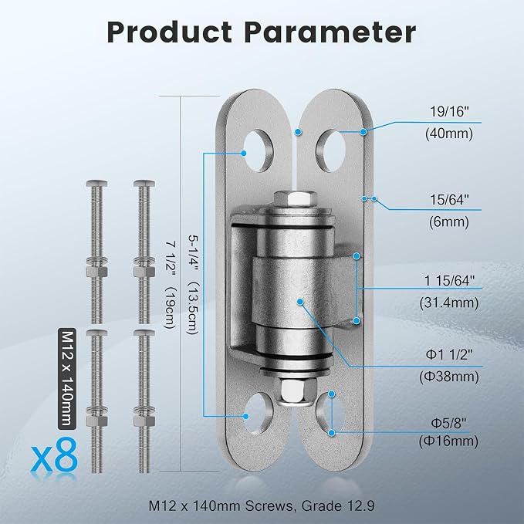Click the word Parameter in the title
pyautogui.click(x=330, y=32)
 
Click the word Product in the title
pyautogui.click(x=170, y=32)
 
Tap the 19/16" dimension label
pyautogui.click(x=449, y=112)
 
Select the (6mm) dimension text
pyautogui.click(x=449, y=221)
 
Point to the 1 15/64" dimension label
pyautogui.click(x=449, y=281)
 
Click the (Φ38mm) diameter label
pyautogui.click(x=449, y=377)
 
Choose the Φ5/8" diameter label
pyautogui.click(x=448, y=424)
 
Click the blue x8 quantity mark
pyautogui.click(x=54, y=455)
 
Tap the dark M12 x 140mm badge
pyautogui.click(x=67, y=378)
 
